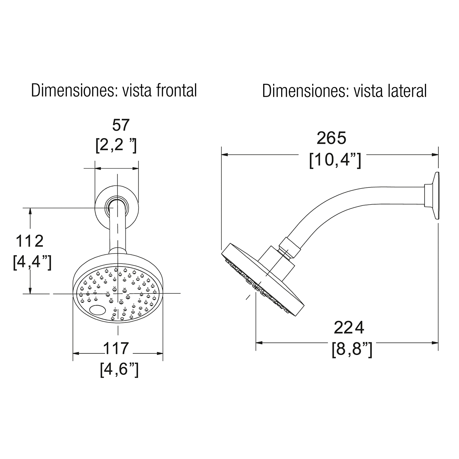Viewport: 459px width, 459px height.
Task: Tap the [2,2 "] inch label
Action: pos(116,145)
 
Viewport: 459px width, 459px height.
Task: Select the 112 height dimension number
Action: pos(30,241)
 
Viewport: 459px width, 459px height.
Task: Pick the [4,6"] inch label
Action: pos(119,369)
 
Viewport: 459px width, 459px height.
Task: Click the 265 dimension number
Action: pos(331,138)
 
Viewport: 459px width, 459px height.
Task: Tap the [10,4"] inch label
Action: pos(335,160)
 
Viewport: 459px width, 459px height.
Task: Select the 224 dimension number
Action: pos(349,327)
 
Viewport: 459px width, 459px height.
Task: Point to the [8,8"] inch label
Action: pos(352,350)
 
